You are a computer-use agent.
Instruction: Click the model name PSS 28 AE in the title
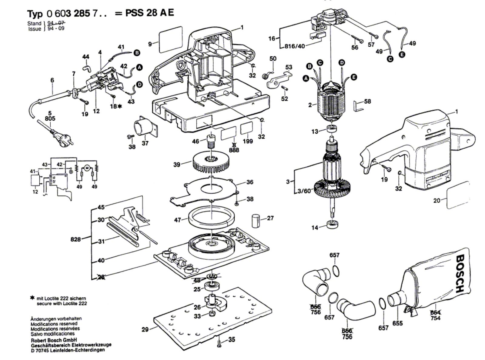point(149,13)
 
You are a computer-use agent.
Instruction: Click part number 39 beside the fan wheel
point(177,165)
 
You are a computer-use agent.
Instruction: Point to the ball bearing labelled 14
point(333,225)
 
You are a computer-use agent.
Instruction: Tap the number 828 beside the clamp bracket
point(75,239)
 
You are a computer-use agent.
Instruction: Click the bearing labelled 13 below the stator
point(333,129)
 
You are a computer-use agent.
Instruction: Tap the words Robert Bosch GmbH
point(50,340)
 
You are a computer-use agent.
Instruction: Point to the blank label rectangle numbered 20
point(458,196)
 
